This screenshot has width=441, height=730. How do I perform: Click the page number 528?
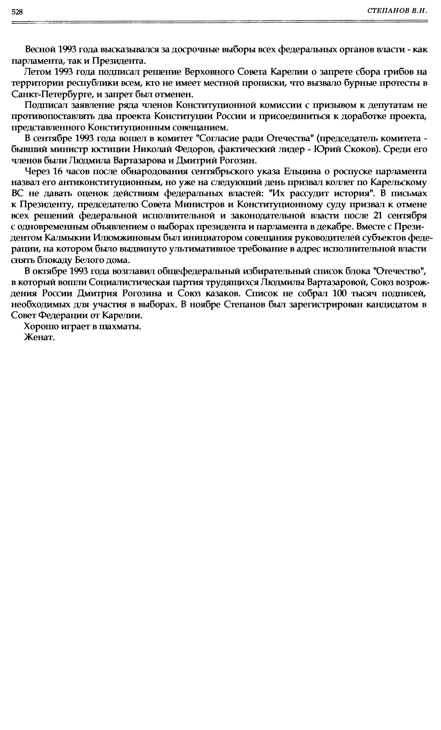click(x=17, y=12)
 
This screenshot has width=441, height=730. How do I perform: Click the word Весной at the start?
click(x=40, y=50)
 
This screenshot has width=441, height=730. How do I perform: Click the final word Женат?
click(x=40, y=337)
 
